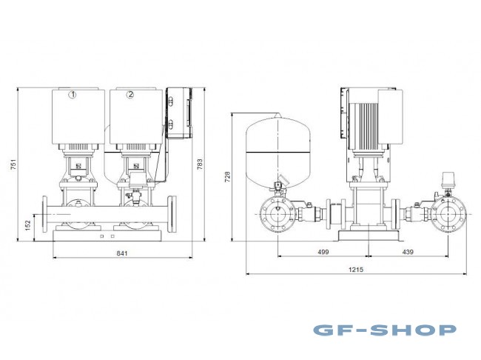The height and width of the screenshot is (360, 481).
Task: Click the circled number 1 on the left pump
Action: [73, 95]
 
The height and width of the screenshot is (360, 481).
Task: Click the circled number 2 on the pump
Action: [130, 95]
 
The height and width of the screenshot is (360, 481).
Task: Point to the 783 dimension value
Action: [200, 164]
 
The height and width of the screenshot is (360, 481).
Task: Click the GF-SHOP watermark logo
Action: [384, 330]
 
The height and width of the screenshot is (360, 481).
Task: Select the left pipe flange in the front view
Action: [47, 216]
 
